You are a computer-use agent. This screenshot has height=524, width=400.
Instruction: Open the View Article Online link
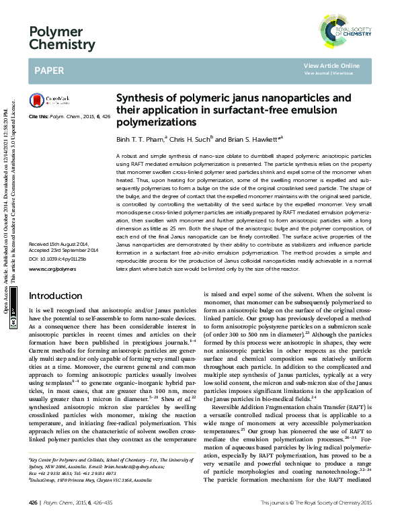pos(331,65)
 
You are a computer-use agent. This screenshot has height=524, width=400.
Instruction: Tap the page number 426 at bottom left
pos(34,503)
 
